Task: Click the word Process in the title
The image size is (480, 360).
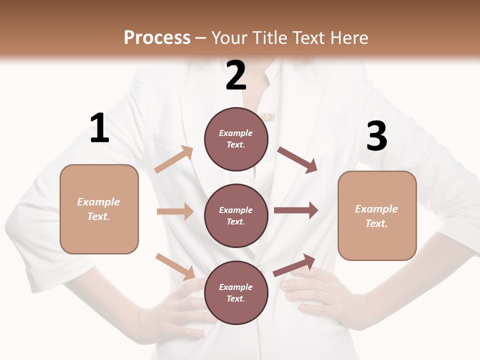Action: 157,38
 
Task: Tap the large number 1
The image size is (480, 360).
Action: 99,128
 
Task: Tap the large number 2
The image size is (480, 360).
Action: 236,75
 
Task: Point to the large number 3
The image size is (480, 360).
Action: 376,136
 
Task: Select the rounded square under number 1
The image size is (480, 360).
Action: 99,209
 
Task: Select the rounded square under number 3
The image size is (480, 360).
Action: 377,215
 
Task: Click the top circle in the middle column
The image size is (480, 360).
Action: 236,139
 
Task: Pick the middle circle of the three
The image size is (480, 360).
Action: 236,215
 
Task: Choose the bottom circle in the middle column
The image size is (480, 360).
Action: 236,292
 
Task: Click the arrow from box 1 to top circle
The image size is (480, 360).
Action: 174,159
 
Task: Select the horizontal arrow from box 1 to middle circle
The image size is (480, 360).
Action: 175,211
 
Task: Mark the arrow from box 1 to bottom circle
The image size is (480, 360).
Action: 175,266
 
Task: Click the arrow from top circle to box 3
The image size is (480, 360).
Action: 297,160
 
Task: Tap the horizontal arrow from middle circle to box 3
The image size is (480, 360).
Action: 296,210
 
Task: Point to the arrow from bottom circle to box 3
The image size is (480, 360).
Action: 294,265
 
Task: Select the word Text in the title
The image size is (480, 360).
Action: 308,38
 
